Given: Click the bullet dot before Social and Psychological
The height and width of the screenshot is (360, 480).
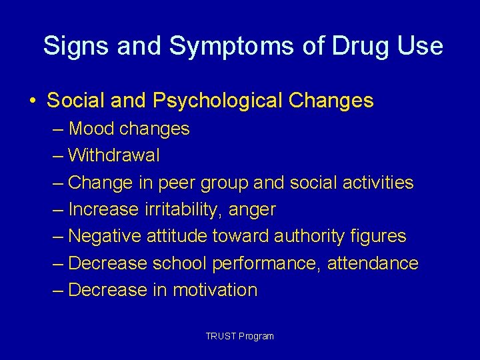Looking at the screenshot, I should pyautogui.click(x=33, y=101).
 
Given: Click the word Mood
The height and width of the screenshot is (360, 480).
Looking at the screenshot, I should pyautogui.click(x=90, y=129).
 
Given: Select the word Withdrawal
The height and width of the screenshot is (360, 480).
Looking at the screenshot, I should pyautogui.click(x=114, y=155).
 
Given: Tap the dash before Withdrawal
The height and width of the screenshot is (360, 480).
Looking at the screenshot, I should pyautogui.click(x=58, y=155).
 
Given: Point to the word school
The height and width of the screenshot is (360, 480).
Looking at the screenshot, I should pyautogui.click(x=179, y=263).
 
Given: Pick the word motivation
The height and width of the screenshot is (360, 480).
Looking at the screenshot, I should pyautogui.click(x=215, y=290).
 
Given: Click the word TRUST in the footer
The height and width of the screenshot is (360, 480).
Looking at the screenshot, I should pyautogui.click(x=219, y=336).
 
